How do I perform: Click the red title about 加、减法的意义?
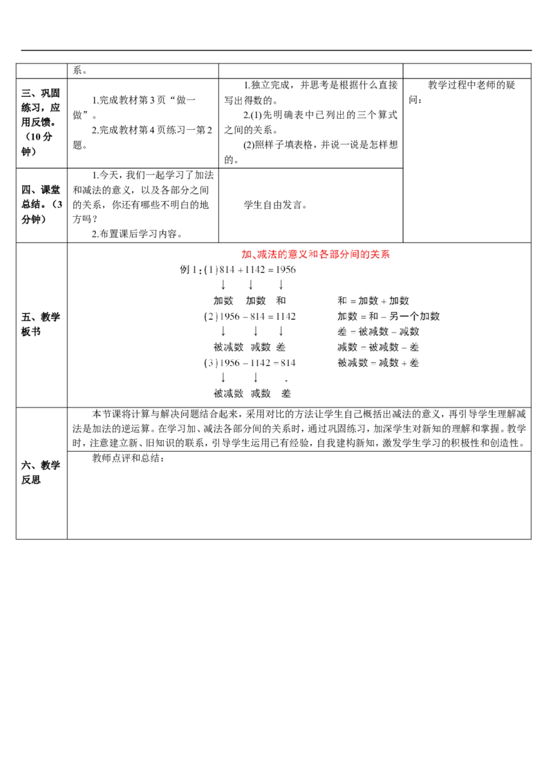click(315, 254)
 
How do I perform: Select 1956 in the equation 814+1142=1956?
click(285, 270)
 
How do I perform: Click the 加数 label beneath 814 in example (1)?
click(223, 301)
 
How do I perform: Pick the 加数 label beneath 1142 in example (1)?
click(255, 301)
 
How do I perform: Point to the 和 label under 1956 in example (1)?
click(281, 301)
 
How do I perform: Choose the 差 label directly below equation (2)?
click(281, 347)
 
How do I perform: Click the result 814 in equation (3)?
click(286, 362)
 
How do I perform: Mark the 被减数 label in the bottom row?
click(228, 392)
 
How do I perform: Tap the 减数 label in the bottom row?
click(260, 392)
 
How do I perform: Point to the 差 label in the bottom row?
click(286, 392)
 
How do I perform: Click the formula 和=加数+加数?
click(373, 301)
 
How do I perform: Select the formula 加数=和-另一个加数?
click(389, 316)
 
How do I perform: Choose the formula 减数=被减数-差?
click(378, 347)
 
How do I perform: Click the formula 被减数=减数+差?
click(378, 362)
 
